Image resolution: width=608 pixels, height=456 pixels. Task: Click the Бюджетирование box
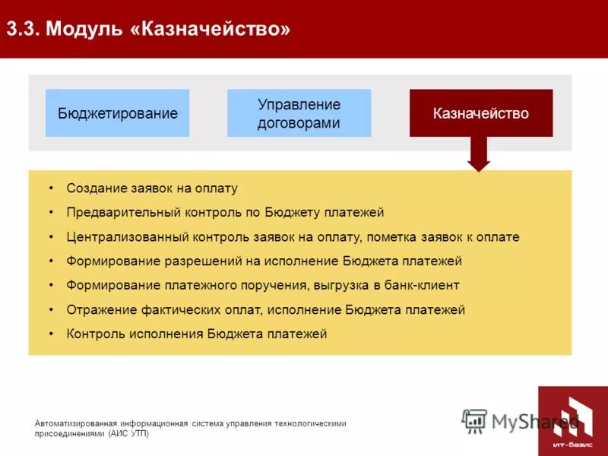pyautogui.click(x=117, y=113)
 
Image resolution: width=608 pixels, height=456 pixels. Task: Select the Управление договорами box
pyautogui.click(x=299, y=113)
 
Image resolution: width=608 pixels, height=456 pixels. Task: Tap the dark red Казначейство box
pyautogui.click(x=480, y=113)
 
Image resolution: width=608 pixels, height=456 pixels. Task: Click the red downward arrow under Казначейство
pyautogui.click(x=479, y=154)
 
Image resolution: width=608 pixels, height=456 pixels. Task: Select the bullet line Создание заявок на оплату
pyautogui.click(x=152, y=188)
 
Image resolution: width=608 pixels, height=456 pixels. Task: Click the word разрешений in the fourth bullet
pyautogui.click(x=214, y=261)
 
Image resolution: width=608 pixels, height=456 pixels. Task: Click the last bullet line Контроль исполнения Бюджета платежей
pyautogui.click(x=196, y=334)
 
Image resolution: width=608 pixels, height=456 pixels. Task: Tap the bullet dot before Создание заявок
pyautogui.click(x=51, y=188)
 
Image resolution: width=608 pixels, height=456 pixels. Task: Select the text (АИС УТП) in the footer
pyautogui.click(x=128, y=434)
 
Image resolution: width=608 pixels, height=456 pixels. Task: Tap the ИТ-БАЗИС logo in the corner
pyautogui.click(x=572, y=420)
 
